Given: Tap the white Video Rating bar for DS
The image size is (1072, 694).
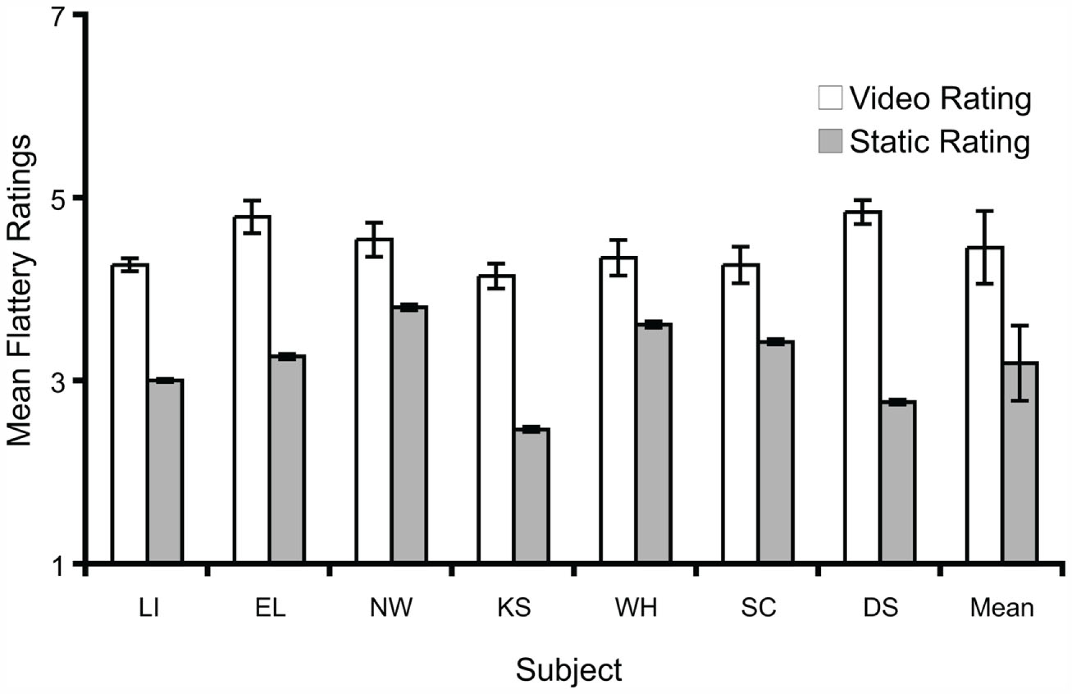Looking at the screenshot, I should pos(863,386).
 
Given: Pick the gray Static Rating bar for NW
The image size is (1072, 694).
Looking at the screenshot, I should pos(410,434).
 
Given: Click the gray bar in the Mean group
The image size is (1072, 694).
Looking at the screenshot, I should pos(1020,462).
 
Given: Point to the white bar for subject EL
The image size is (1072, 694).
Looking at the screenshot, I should pos(252,389).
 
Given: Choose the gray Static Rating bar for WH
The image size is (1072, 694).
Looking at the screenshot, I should pos(654,443).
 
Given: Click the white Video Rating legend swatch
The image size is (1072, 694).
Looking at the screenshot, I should pos(830,98).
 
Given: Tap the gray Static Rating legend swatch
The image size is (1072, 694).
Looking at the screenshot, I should pos(830,141).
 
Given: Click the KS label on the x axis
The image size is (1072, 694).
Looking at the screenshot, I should pos(514,608).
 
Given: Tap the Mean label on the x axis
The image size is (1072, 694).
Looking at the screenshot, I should pos(1001,608).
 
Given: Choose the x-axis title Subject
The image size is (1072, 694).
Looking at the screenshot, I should pos(568,669).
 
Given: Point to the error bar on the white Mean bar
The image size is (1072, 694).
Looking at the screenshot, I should pos(984,247).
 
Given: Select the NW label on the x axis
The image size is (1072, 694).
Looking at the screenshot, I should pos(391,608).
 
